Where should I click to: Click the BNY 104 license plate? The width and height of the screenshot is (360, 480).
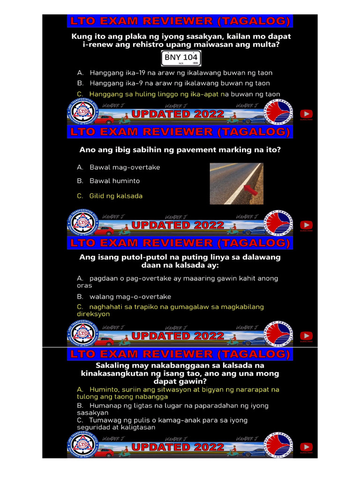tap(181, 58)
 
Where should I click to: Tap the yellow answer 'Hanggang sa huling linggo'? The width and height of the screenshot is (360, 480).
tap(178, 94)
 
